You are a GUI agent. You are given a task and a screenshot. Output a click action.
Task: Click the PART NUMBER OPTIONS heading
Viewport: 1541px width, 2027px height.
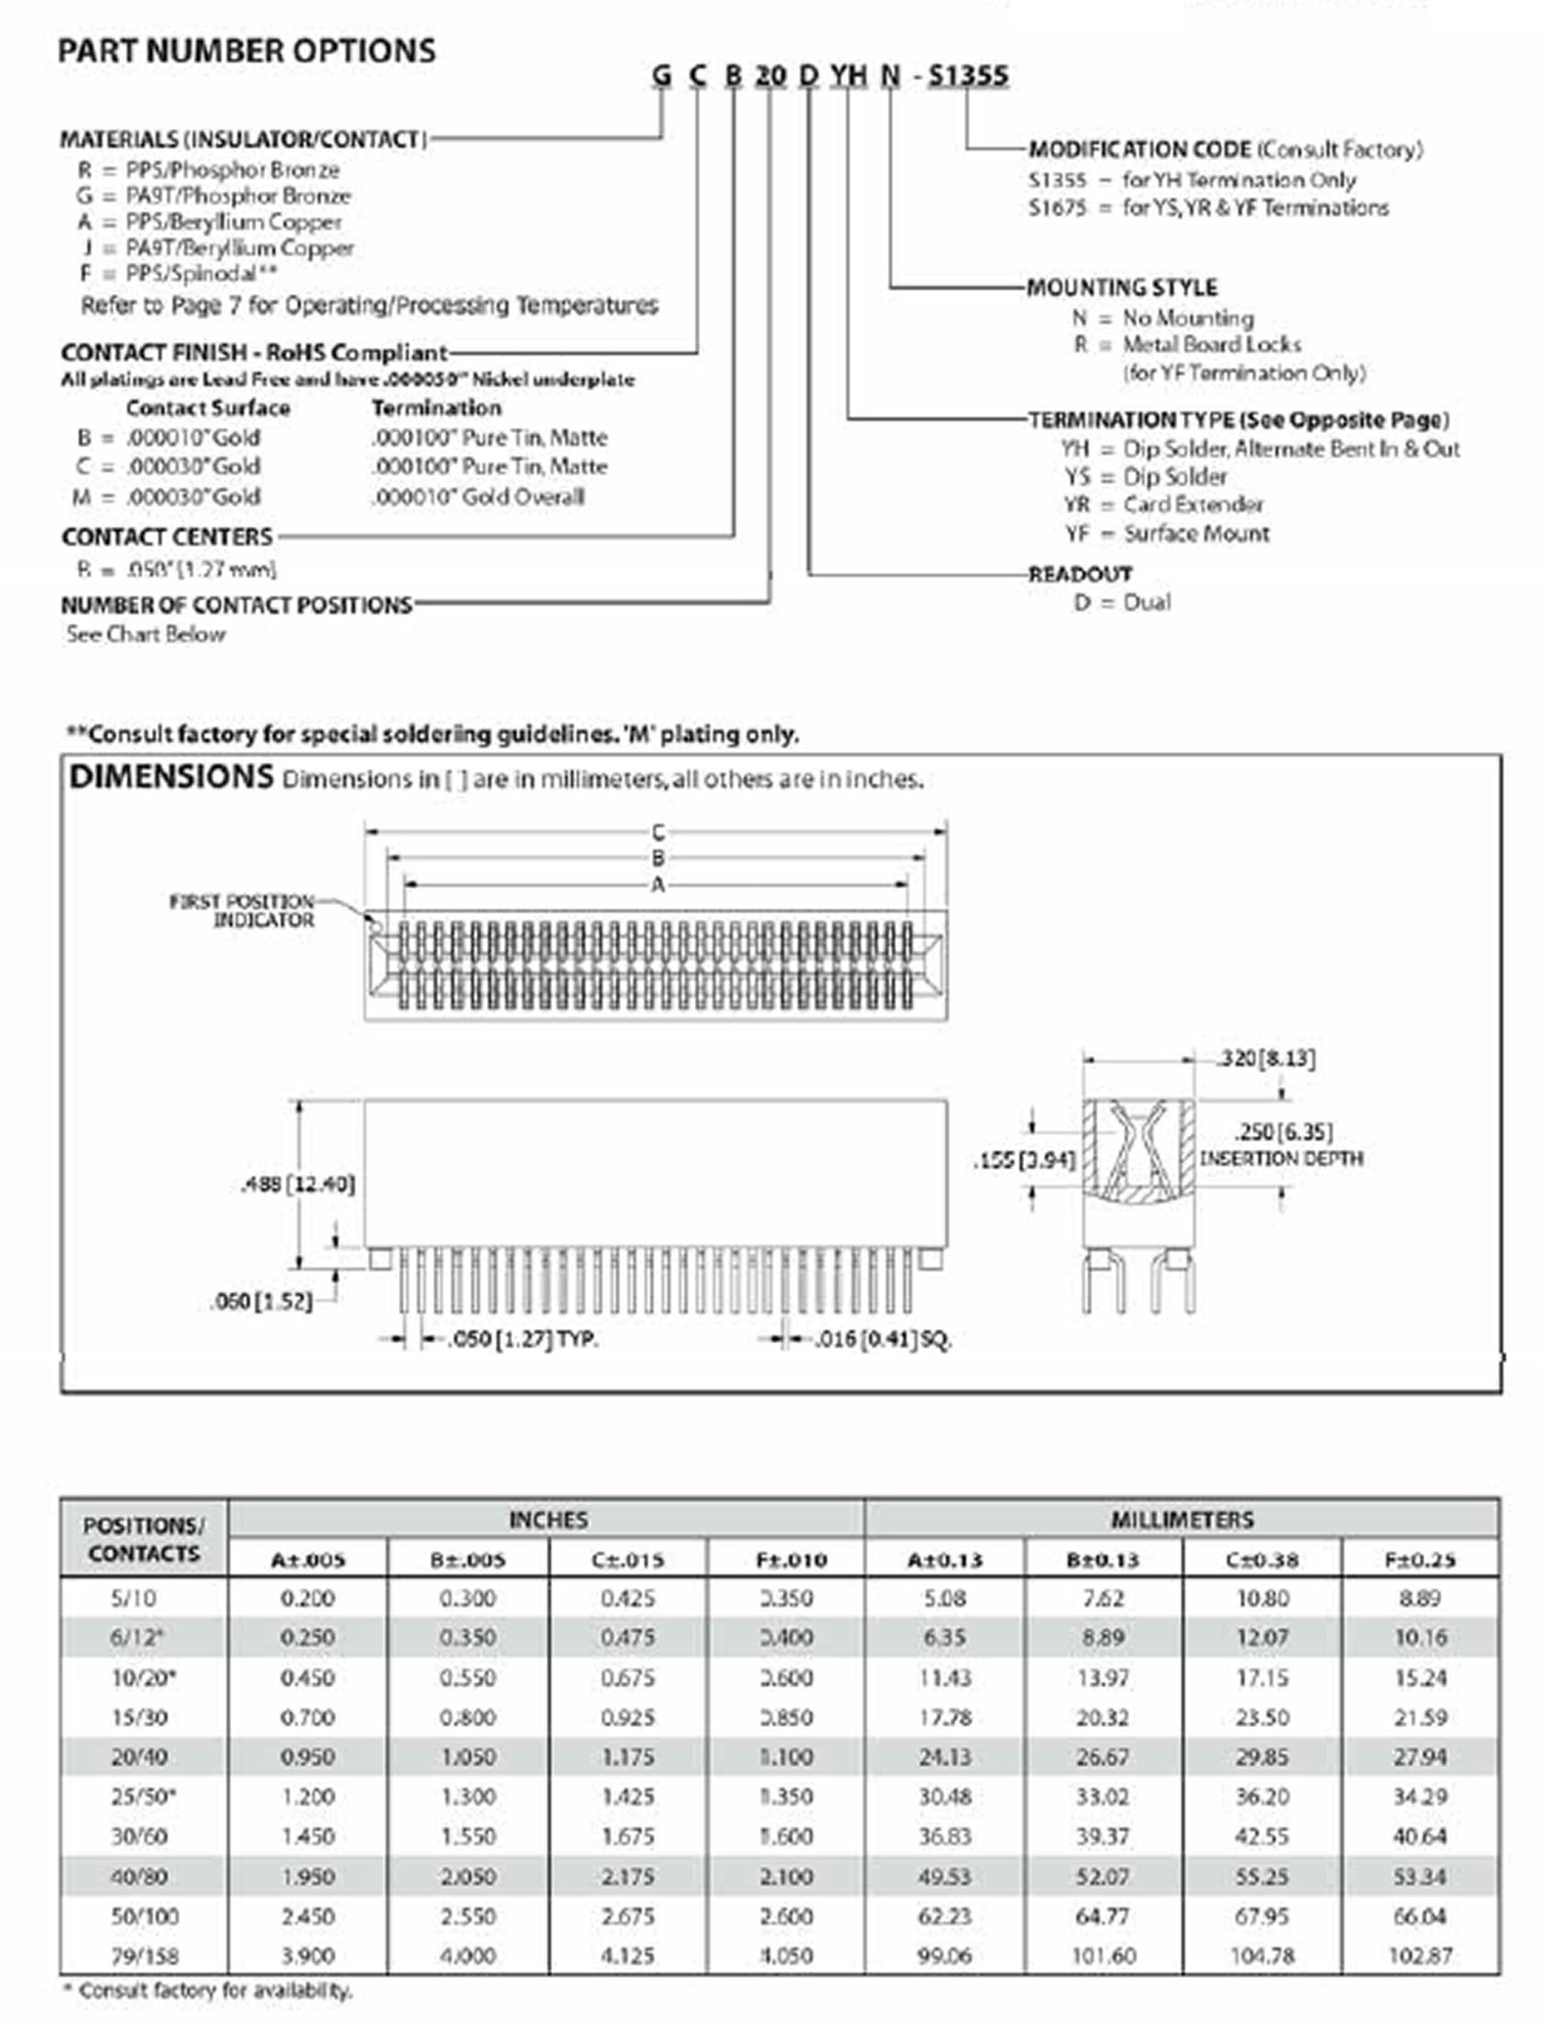coord(247,51)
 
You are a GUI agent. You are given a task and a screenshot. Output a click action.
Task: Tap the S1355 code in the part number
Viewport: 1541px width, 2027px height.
coord(968,75)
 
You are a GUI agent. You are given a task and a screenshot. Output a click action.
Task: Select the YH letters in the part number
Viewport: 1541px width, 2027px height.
coord(848,75)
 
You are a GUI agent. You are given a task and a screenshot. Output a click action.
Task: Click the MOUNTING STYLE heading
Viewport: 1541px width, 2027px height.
coord(1122,287)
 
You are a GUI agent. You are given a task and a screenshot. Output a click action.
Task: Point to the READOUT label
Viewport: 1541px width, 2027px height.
coord(1080,574)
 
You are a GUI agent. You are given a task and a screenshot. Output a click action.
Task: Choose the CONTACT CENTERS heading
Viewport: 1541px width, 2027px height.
coord(167,537)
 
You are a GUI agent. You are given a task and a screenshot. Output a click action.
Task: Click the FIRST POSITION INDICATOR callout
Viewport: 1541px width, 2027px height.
coord(242,911)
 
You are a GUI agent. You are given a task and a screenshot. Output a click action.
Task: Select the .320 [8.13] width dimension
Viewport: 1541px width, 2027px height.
coord(1266,1059)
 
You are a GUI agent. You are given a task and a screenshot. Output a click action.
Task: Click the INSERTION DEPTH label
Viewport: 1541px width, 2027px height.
coord(1281,1158)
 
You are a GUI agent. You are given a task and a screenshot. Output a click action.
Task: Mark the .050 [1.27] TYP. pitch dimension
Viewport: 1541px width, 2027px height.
coord(522,1340)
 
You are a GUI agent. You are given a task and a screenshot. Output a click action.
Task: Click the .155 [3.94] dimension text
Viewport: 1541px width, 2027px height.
coord(1023,1160)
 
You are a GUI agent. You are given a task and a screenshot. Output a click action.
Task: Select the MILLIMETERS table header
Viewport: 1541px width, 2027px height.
coord(1182,1520)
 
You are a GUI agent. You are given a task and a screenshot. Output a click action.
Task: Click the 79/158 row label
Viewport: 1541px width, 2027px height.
coord(144,1956)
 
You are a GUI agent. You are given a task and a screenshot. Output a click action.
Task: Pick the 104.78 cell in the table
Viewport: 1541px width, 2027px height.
coord(1262,1956)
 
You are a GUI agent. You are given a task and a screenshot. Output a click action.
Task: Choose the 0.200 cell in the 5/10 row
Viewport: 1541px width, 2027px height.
coord(307,1599)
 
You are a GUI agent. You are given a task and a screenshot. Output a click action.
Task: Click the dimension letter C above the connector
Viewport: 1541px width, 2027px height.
coord(658,832)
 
